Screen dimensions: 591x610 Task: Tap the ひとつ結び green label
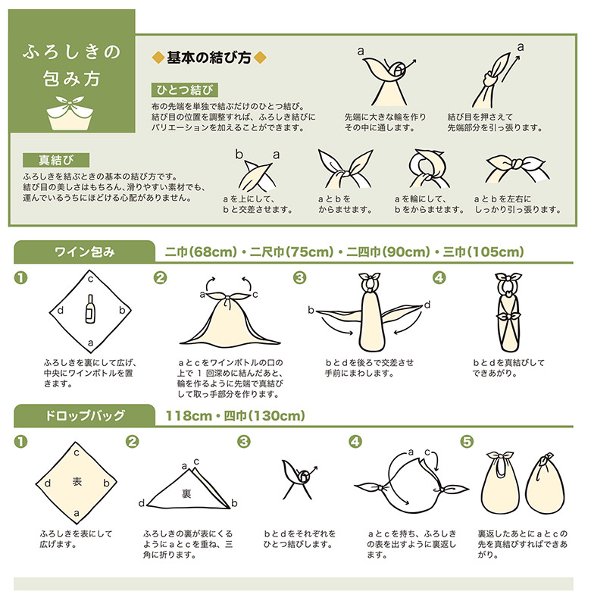coord(184,90)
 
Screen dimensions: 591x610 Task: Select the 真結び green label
coord(56,160)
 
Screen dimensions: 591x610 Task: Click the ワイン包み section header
coord(84,252)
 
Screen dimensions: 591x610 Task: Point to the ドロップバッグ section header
coord(84,415)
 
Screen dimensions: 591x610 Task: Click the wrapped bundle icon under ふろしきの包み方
coord(71,113)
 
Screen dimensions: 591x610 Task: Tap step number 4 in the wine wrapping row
coord(439,278)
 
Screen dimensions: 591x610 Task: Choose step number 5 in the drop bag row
coord(467,442)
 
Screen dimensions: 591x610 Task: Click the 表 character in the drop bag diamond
coord(77,482)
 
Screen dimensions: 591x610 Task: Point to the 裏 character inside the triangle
coord(186,493)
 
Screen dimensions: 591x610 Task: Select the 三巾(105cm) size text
coord(483,252)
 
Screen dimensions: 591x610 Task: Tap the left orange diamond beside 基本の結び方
coord(158,58)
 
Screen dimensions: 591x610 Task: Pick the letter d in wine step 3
coord(427,305)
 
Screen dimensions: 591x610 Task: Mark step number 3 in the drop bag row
coord(243,442)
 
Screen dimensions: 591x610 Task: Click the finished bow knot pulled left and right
coord(517,168)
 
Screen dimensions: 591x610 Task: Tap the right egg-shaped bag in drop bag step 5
coord(545,483)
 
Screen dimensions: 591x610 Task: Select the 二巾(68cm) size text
coord(201,252)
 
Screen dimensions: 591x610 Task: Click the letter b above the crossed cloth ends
coord(239,155)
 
